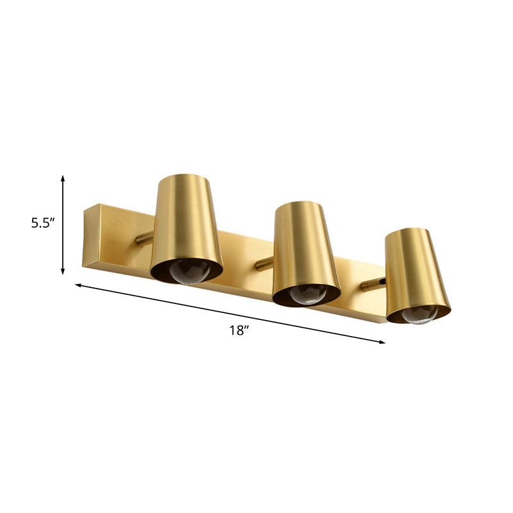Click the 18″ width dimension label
238,331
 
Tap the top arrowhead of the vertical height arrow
63,178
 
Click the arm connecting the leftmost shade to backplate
145,239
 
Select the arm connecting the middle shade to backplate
264,263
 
